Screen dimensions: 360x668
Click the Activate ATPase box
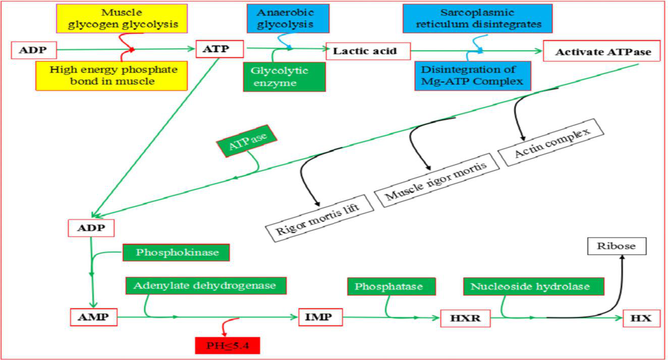pos(601,52)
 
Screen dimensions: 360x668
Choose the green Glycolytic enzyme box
pos(284,77)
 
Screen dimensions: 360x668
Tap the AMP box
pos(94,317)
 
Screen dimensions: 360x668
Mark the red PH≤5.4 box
pos(227,345)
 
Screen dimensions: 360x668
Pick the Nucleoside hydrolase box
pos(533,287)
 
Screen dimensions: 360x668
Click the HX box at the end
pos(641,319)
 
